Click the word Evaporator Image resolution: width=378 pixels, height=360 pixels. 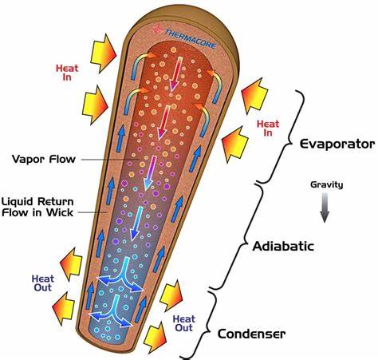337,144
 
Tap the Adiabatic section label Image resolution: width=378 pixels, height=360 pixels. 283,246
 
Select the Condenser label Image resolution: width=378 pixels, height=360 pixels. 251,334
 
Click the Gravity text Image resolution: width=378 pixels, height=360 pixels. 327,184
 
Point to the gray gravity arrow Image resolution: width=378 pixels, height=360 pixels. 325,208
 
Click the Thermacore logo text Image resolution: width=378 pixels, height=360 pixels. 191,39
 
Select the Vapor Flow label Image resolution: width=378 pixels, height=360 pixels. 44,159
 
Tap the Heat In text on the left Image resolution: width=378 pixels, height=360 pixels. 67,73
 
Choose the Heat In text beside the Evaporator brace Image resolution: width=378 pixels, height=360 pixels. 268,128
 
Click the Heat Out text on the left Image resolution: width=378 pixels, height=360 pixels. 43,283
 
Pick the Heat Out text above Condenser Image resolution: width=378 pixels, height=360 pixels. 184,323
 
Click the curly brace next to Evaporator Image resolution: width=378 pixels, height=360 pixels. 282,136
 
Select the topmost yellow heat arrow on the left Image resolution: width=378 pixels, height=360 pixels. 103,53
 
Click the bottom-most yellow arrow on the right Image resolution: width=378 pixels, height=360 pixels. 155,338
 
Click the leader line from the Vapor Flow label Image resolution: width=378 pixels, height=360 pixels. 111,160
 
